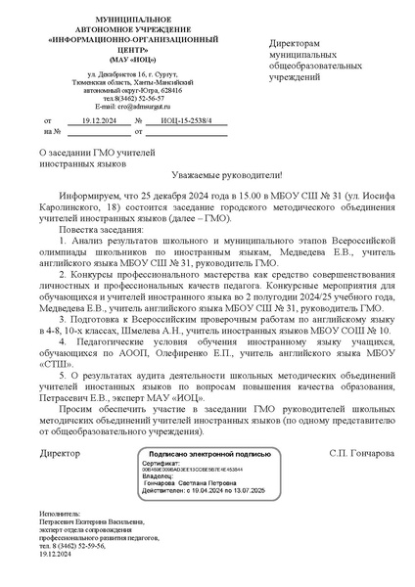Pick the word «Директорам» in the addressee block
click(295, 45)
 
